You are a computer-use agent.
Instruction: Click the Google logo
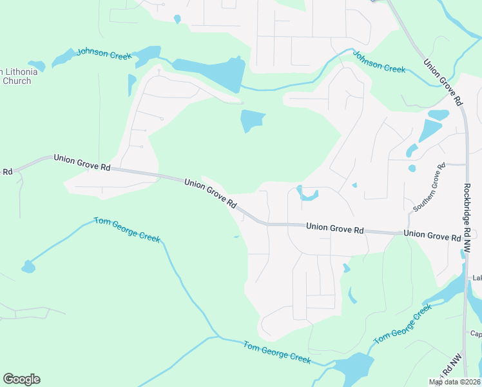[21, 379]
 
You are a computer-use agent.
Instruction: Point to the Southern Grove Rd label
[429, 188]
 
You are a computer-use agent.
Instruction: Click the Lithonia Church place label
[17, 76]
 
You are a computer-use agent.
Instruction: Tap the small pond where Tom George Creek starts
[28, 266]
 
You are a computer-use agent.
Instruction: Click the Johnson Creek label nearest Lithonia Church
[104, 54]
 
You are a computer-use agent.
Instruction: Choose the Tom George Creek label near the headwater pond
[127, 229]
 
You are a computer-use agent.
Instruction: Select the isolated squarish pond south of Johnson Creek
[252, 121]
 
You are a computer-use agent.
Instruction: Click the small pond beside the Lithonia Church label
[37, 65]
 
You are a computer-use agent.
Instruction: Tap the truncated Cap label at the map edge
[476, 333]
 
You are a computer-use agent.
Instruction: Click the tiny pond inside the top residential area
[177, 19]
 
